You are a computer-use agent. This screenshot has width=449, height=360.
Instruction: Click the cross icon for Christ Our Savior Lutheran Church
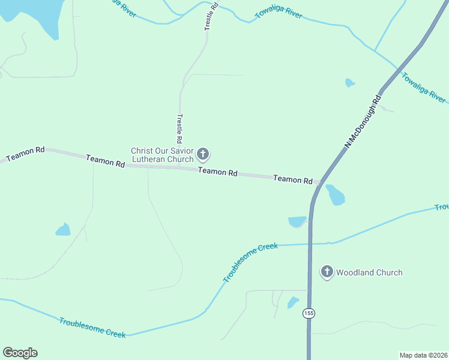pos(203,155)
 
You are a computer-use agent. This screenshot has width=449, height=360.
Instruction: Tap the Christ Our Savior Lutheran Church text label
pos(163,155)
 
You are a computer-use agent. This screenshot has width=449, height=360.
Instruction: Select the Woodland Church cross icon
pos(327,272)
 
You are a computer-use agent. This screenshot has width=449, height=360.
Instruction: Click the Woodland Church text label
pos(369,272)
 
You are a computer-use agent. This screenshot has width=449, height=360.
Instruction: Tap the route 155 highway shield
pos(309,314)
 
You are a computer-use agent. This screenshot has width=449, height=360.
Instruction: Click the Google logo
pos(20,353)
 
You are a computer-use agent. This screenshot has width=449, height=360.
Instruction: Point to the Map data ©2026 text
pos(423,355)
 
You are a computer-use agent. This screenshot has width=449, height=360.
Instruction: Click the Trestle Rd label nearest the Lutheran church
pos(179,128)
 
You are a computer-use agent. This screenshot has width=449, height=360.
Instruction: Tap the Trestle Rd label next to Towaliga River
pos(209,16)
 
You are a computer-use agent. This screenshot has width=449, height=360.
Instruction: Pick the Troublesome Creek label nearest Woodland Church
pos(250,263)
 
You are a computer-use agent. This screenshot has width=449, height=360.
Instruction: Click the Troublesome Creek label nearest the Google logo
pos(92,328)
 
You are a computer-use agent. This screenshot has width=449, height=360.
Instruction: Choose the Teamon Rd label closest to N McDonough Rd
pos(292,179)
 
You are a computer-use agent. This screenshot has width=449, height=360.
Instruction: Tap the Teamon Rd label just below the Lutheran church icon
pos(217,172)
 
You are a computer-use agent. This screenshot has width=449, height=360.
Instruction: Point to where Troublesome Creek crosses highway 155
pos(310,244)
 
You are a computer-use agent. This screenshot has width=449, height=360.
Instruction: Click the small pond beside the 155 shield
pos(293,302)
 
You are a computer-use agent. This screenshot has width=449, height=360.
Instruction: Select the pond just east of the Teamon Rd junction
pos(335,194)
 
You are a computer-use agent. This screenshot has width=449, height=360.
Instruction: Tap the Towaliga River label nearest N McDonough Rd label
pos(423,88)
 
